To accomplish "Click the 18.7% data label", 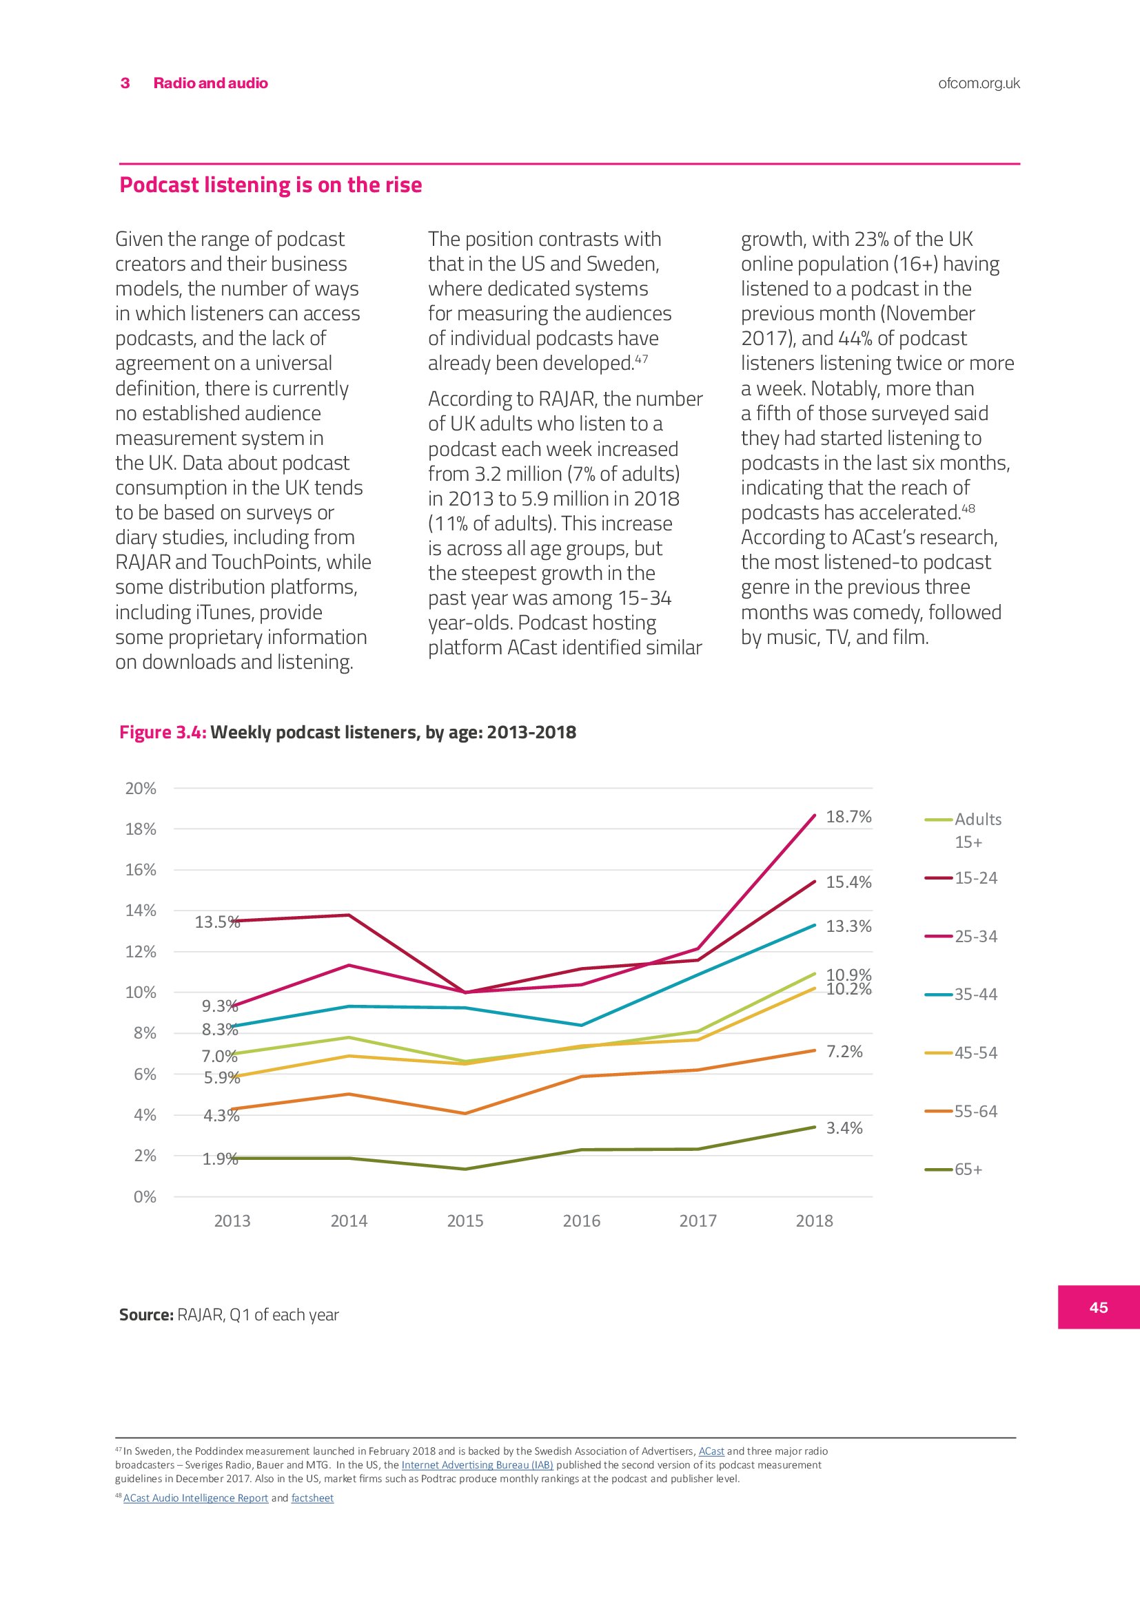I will click(x=848, y=817).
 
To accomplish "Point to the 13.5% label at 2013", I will click(x=217, y=922).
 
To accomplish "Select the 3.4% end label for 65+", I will click(x=844, y=1128).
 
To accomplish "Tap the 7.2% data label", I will click(x=844, y=1051).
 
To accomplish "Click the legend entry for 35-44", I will click(x=975, y=995).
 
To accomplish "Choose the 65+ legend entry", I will click(x=968, y=1170).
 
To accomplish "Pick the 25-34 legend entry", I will click(x=975, y=936).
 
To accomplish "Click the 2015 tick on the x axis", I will click(x=465, y=1221).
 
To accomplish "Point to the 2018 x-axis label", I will click(x=813, y=1221).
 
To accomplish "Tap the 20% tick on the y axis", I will click(x=141, y=788).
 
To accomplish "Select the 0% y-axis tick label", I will click(x=145, y=1197).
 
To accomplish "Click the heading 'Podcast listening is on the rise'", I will click(x=270, y=185).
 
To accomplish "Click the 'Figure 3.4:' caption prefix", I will click(x=163, y=732).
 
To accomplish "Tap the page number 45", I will click(x=1099, y=1307).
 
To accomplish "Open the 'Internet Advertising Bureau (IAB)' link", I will click(x=478, y=1465).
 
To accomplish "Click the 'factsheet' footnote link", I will click(x=312, y=1498).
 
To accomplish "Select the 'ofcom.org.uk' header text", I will click(x=979, y=83).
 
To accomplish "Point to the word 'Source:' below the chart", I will click(x=146, y=1315).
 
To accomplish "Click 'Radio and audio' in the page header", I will click(x=211, y=83).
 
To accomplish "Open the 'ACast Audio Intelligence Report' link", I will click(x=196, y=1498).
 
